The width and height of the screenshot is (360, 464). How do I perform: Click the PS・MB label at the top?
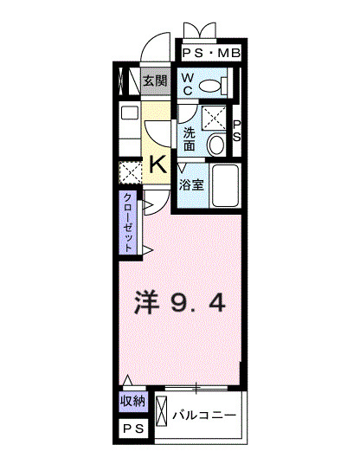(x=211, y=54)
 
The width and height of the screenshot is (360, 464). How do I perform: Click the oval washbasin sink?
(x=217, y=145)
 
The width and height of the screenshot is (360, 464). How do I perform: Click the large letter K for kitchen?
(x=158, y=164)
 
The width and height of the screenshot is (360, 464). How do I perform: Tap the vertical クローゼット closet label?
(x=128, y=222)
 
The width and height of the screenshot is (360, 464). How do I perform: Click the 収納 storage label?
(x=132, y=403)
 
